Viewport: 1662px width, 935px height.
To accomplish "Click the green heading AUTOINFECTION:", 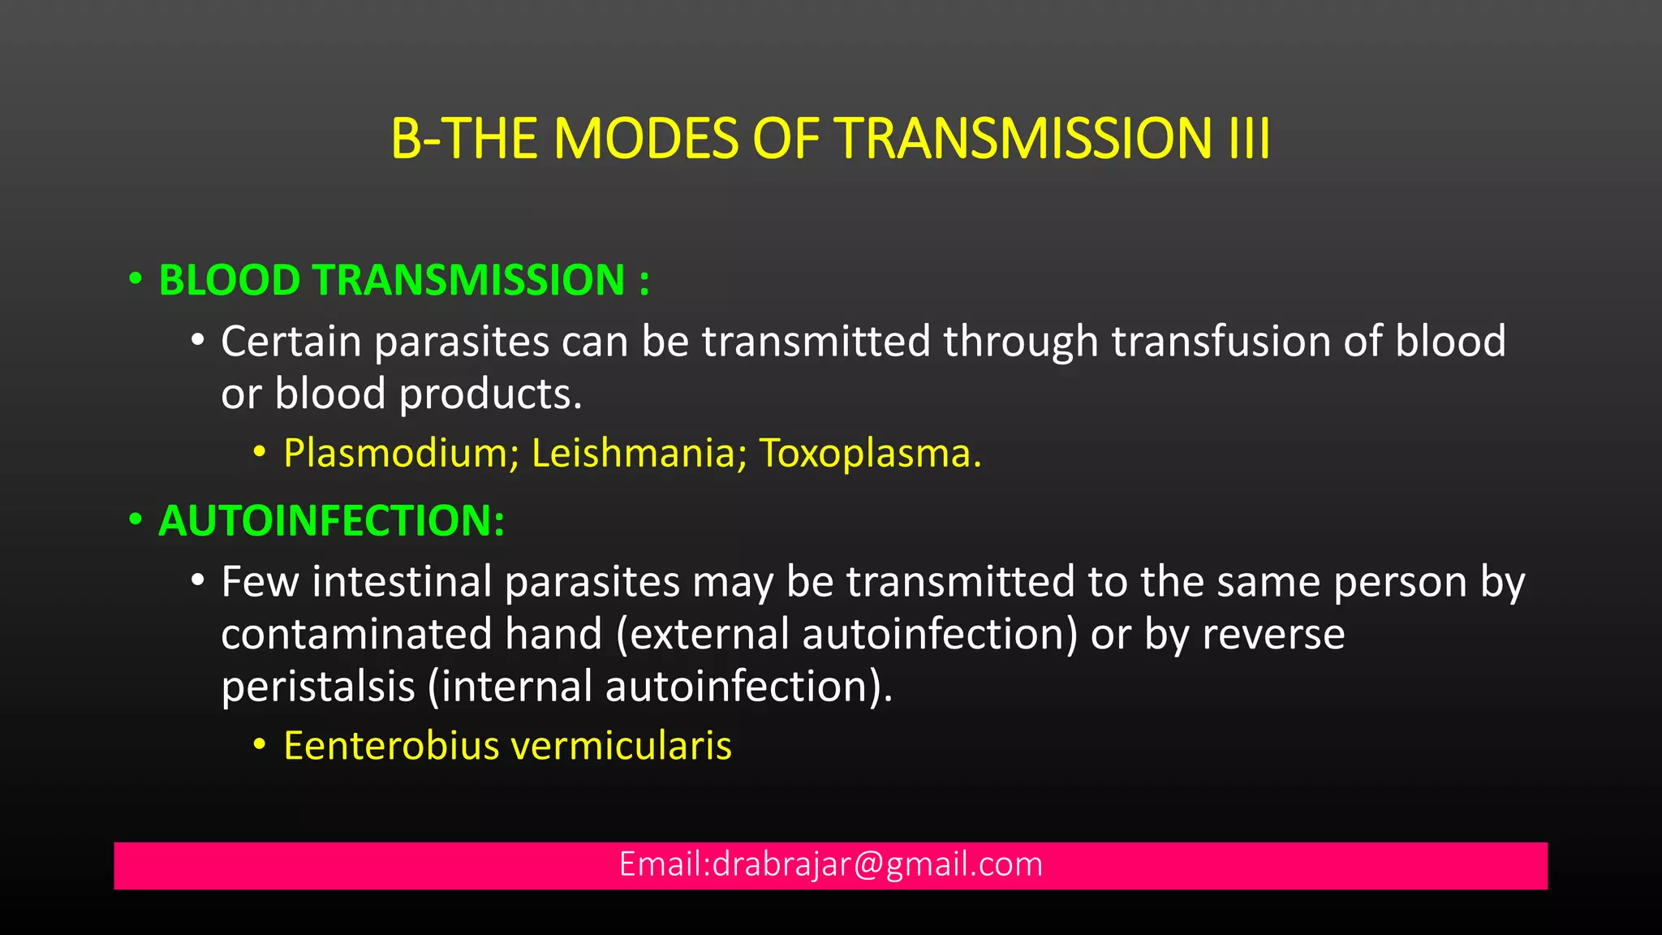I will (331, 521).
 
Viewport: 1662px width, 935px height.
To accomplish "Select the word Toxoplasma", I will (869, 454).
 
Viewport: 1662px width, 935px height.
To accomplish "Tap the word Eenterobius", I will (391, 746).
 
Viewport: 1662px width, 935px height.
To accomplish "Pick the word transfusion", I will (1221, 342).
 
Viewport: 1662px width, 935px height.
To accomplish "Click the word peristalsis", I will (318, 687).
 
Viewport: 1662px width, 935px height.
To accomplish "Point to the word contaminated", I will (356, 635).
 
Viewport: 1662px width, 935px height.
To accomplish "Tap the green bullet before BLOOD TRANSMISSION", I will (136, 280).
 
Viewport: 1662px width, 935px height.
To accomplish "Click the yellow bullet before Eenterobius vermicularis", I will (259, 744).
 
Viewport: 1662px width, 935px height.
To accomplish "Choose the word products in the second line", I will (490, 395).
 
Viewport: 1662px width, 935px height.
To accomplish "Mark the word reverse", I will (1273, 635).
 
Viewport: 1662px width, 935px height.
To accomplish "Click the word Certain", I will (291, 342).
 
